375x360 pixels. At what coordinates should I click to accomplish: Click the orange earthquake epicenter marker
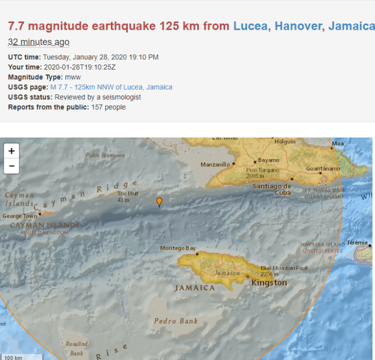[x=159, y=202]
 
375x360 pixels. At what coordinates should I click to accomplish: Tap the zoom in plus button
[x=11, y=151]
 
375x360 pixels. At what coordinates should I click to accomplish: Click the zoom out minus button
[x=11, y=166]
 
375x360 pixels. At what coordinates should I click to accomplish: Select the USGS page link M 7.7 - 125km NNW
[x=111, y=87]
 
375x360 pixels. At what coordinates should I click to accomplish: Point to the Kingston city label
[x=269, y=283]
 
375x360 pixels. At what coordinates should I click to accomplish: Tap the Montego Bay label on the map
[x=178, y=249]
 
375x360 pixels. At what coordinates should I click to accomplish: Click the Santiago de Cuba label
[x=272, y=189]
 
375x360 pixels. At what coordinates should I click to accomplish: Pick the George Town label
[x=19, y=216]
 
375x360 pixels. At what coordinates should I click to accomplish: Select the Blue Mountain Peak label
[x=284, y=268]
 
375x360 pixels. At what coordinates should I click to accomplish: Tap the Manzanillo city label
[x=215, y=165]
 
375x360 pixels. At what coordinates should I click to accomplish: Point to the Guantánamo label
[x=323, y=169]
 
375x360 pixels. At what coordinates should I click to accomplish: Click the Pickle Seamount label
[x=105, y=155]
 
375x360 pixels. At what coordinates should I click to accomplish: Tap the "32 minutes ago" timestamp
[x=38, y=42]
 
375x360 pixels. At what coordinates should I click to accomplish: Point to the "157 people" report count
[x=108, y=107]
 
